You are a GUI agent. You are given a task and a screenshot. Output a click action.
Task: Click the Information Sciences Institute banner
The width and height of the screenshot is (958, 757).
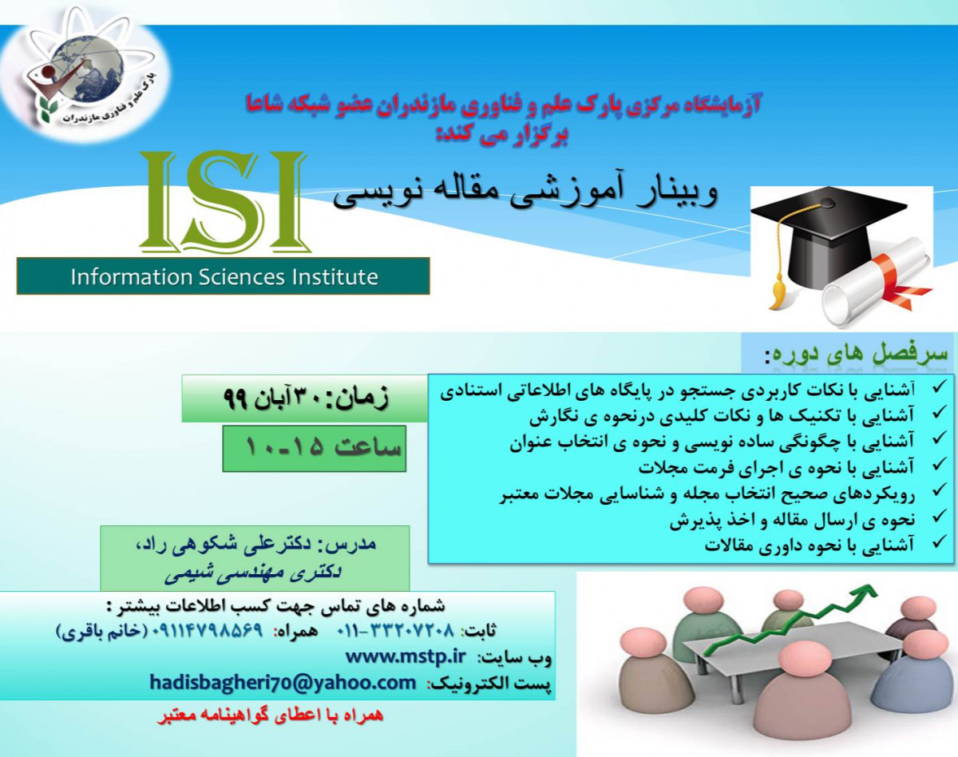[224, 276]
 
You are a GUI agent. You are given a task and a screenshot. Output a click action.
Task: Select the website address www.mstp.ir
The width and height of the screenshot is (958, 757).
[405, 656]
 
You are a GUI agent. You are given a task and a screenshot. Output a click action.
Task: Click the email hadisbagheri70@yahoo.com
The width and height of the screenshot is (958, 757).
[283, 683]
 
